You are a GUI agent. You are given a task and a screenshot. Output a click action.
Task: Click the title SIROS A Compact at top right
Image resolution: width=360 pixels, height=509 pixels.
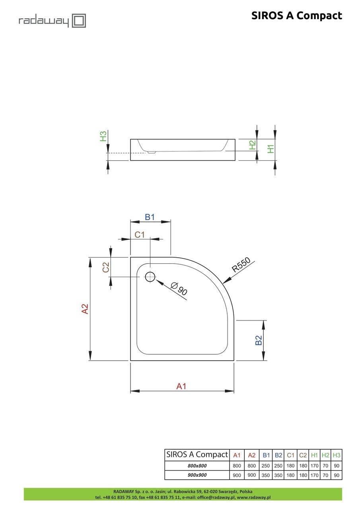296,16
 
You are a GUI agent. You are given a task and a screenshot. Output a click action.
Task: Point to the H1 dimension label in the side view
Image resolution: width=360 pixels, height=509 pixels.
270,148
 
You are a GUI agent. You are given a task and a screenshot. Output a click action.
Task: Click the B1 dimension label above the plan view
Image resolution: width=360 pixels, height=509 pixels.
150,217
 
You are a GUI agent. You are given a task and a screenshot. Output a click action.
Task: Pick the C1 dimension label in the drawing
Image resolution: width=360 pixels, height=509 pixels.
139,235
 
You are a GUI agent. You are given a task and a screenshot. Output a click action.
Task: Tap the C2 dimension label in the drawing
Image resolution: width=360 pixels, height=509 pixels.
106,267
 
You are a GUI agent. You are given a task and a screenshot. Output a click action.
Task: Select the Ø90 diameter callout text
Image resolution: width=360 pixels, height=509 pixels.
179,289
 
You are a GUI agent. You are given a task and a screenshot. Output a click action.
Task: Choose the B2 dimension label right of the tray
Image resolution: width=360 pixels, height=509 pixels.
259,340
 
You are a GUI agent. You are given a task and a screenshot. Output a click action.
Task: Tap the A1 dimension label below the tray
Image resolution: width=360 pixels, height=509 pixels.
181,386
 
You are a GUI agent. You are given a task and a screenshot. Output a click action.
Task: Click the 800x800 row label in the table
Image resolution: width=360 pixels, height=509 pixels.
197,466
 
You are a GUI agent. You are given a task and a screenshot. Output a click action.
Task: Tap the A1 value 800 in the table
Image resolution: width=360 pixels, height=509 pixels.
237,466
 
